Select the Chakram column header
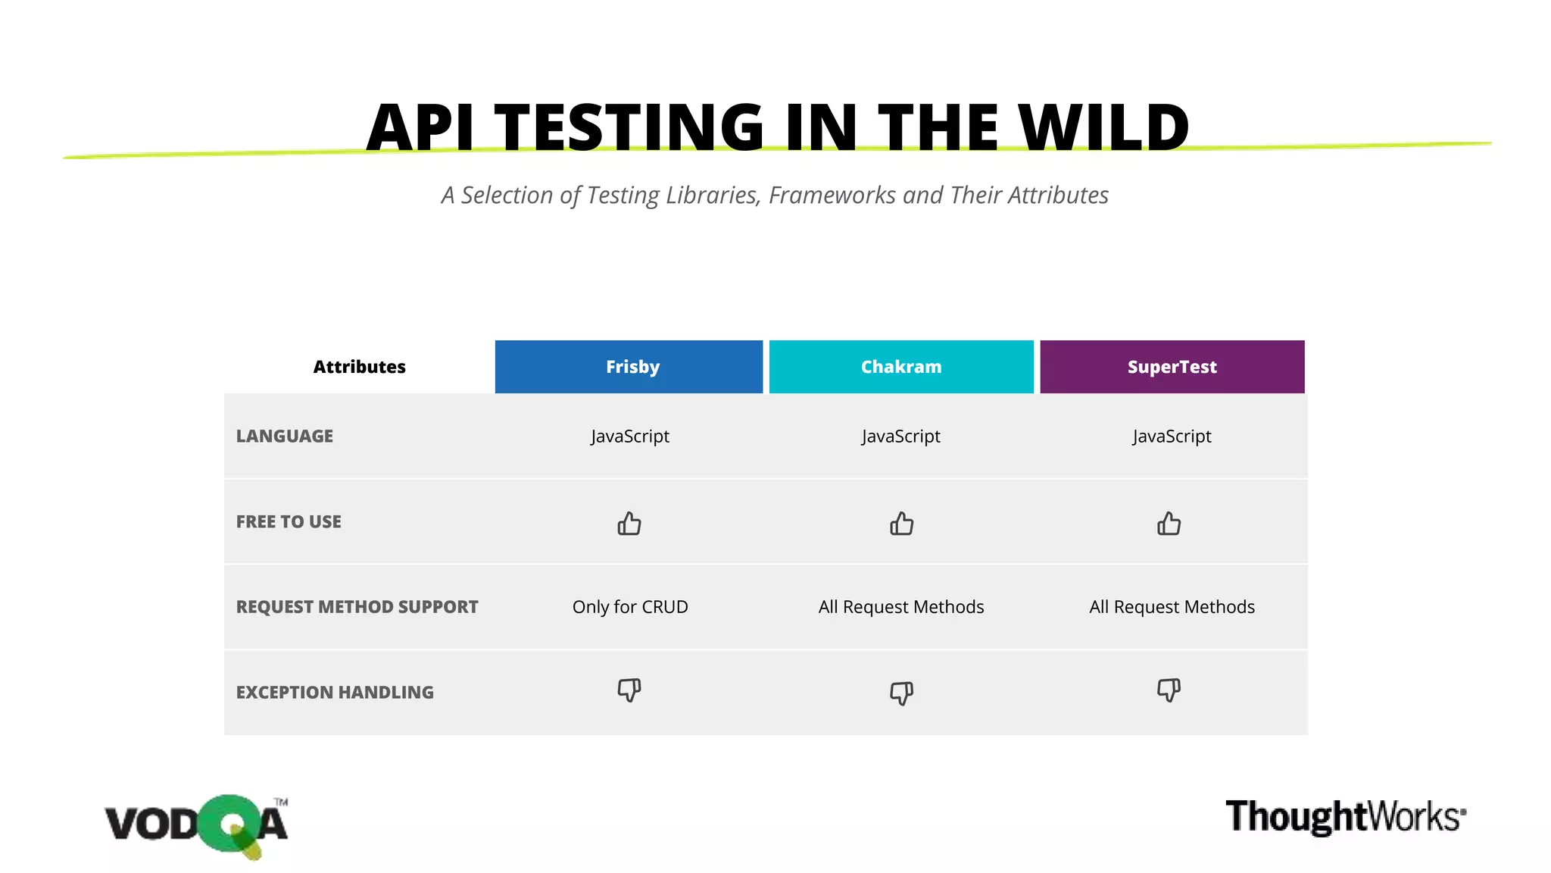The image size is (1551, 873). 901,367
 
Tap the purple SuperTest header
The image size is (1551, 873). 1172,367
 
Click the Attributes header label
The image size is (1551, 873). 359,367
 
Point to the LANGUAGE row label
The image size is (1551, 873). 285,436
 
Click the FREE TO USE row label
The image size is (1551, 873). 289,522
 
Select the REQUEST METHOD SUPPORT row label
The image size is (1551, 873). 357,607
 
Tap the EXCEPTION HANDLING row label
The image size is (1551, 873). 335,693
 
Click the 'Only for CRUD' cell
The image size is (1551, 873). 630,607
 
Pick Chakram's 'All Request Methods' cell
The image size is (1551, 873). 901,607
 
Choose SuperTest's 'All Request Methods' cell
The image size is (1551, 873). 1172,607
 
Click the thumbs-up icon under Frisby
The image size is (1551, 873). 629,524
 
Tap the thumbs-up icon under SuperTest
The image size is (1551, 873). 1169,524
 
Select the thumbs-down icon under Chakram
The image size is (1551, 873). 901,693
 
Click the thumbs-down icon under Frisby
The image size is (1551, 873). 629,690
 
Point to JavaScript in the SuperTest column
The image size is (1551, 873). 1172,436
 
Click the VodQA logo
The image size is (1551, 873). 196,825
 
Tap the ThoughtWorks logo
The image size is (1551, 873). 1345,817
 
